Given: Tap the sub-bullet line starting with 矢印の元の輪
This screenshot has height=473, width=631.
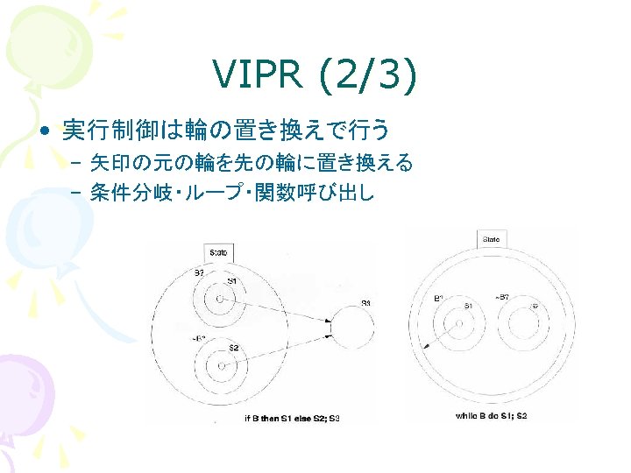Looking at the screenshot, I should [x=251, y=162].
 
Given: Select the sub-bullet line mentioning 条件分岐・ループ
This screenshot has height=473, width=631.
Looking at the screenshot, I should [x=231, y=193].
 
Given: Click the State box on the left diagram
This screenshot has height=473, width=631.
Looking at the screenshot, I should [x=217, y=252].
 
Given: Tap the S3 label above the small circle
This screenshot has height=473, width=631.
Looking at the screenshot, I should [x=365, y=303].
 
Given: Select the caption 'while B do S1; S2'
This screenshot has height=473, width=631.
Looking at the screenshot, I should [x=491, y=415].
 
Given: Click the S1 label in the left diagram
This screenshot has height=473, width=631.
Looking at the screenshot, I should [x=232, y=281].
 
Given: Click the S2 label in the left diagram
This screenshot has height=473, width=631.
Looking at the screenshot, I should [x=234, y=349].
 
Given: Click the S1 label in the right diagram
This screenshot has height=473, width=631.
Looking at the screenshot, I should [x=469, y=306].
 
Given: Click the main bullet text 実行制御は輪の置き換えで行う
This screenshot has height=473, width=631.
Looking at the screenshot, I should [x=224, y=131].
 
